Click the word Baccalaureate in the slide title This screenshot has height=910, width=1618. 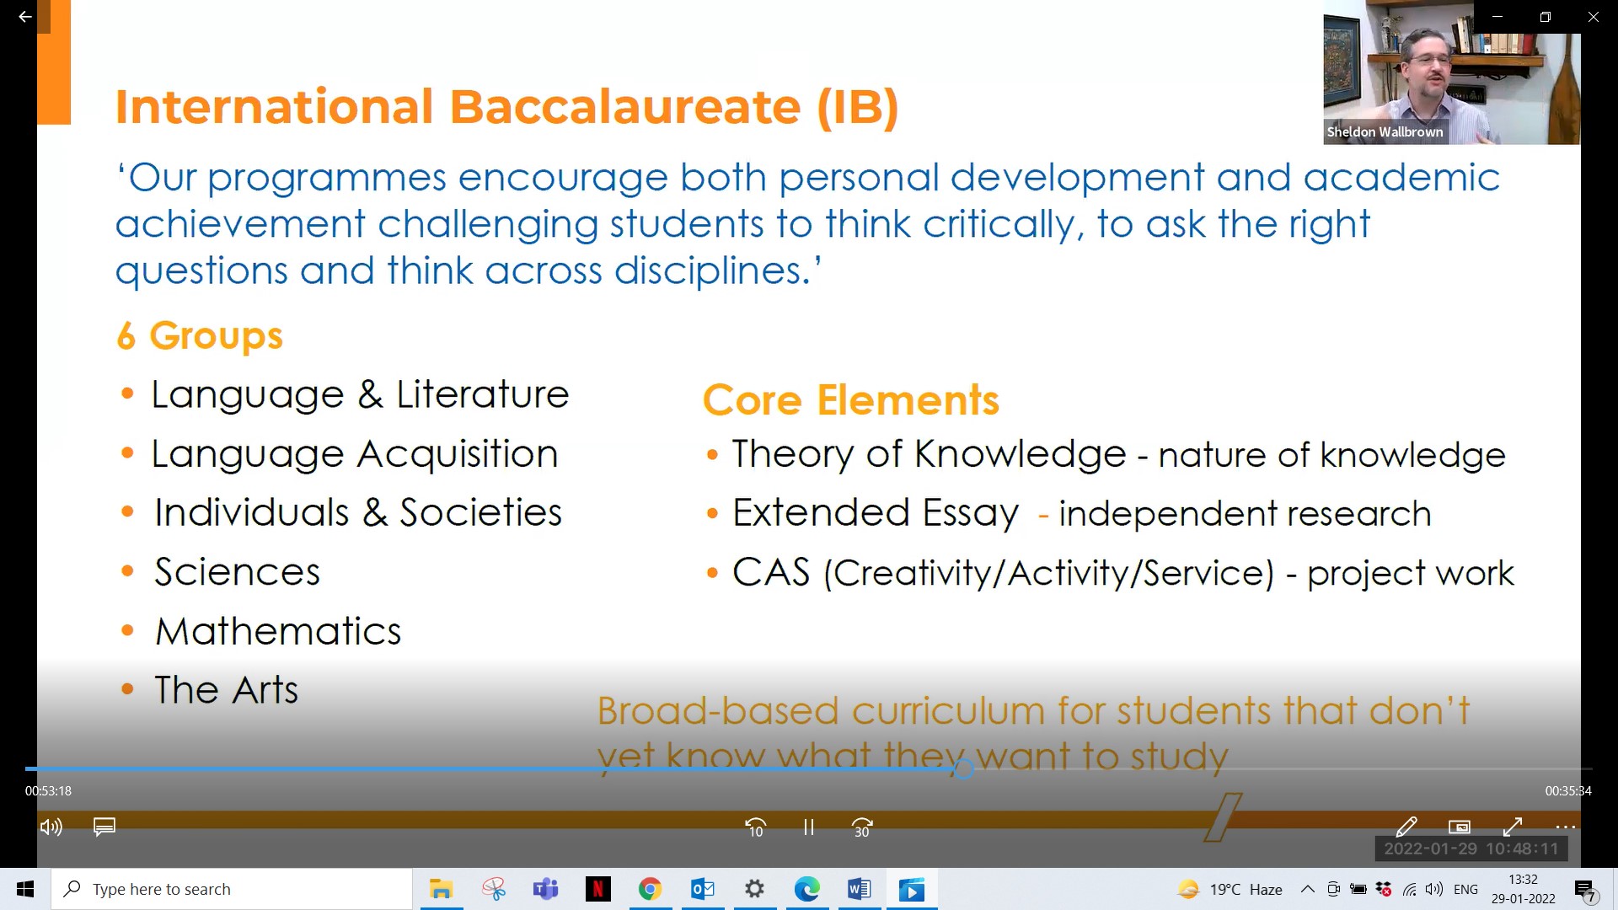[624, 107]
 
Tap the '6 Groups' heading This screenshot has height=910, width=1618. [200, 336]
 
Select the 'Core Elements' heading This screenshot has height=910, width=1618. [851, 399]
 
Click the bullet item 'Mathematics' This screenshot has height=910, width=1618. [278, 631]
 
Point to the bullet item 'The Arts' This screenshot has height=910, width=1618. [226, 690]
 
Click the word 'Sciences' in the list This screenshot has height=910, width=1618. [237, 572]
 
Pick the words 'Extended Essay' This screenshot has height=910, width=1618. [876, 513]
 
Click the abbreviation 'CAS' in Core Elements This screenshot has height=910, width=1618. [771, 572]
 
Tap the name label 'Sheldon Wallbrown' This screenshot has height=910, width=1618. [1385, 132]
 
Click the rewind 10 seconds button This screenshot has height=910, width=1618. [756, 827]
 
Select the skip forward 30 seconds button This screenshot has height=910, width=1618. [862, 827]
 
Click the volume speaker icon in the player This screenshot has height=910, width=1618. [51, 827]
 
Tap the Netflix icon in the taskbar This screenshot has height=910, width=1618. [597, 889]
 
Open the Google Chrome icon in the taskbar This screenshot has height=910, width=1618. [650, 889]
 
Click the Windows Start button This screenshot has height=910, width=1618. [25, 889]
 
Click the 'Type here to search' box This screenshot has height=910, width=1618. [232, 889]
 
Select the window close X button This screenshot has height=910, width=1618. [1593, 17]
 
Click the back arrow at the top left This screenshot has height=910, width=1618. [25, 17]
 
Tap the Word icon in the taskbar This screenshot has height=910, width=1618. [859, 889]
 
